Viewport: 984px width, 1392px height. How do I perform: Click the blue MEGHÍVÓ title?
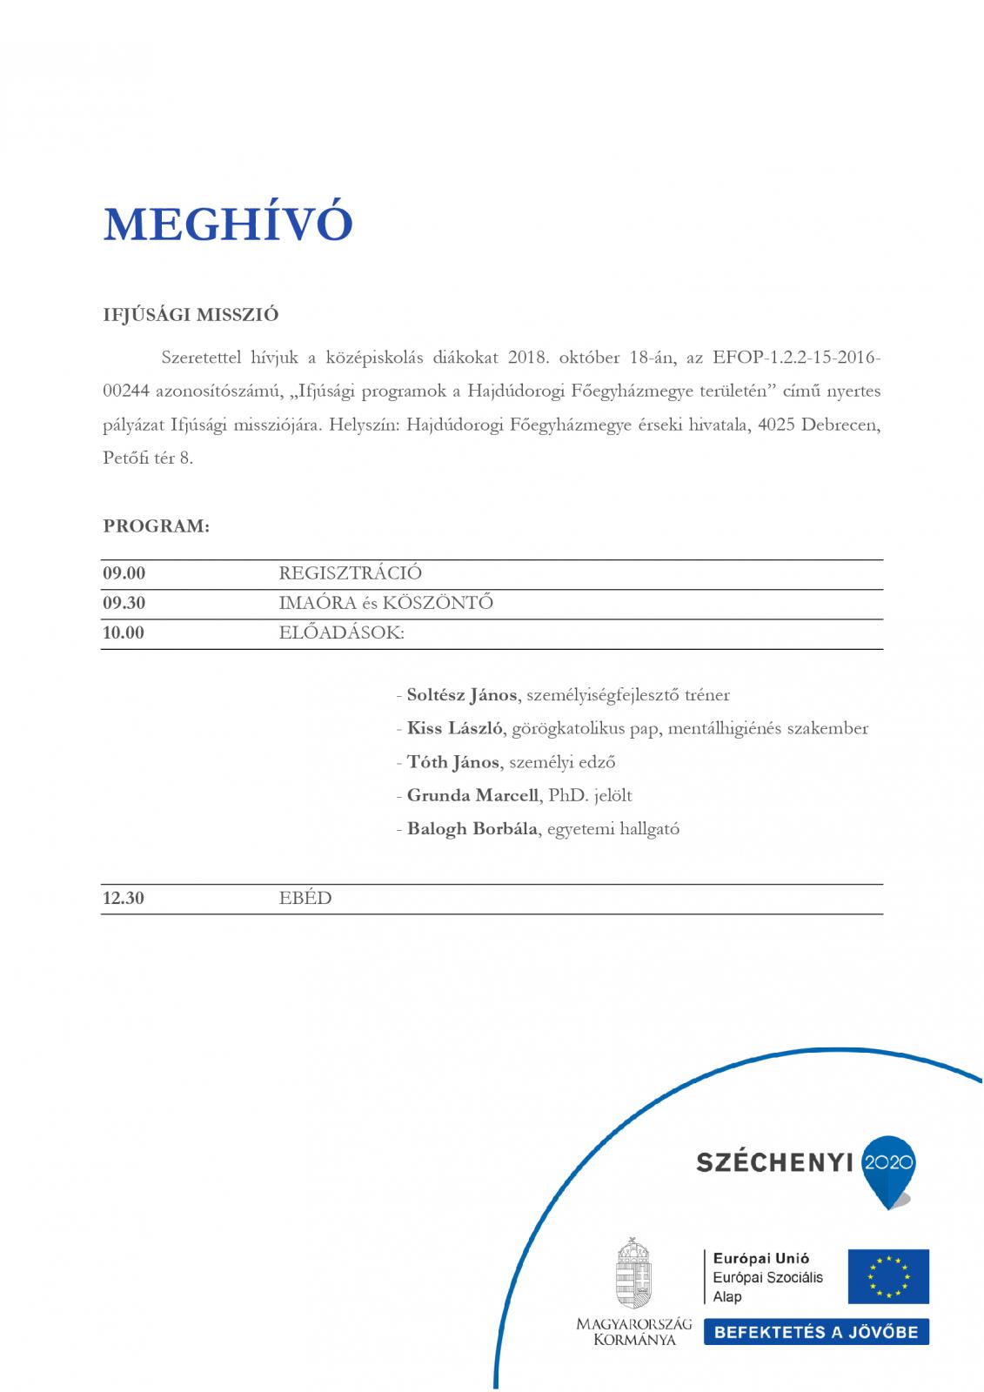coord(228,224)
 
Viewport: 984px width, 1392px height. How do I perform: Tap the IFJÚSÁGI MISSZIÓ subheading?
coord(191,315)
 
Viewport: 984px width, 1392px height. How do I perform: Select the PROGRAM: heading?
coord(157,526)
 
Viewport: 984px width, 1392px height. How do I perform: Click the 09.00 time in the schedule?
coord(124,573)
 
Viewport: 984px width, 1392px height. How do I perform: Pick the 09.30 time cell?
coord(124,603)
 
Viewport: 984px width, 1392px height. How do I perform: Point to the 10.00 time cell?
coord(124,632)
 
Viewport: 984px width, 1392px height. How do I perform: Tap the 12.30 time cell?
coord(124,899)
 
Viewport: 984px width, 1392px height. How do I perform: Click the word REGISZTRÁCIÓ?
coord(350,573)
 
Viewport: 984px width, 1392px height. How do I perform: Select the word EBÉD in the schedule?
coord(305,899)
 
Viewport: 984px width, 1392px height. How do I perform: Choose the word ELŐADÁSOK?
coord(341,632)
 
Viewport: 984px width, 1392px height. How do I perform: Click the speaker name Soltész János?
coord(462,695)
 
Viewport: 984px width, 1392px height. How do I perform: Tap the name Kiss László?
coord(455,728)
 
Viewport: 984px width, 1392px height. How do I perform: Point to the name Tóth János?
coord(452,762)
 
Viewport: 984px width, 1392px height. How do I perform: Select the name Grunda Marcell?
coord(472,795)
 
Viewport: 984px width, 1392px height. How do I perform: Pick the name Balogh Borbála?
coord(472,828)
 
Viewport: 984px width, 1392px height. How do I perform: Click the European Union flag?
coord(888,1276)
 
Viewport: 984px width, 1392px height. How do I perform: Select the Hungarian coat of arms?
coord(634,1273)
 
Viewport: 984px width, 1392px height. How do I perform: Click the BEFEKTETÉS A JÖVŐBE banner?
coord(816,1332)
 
